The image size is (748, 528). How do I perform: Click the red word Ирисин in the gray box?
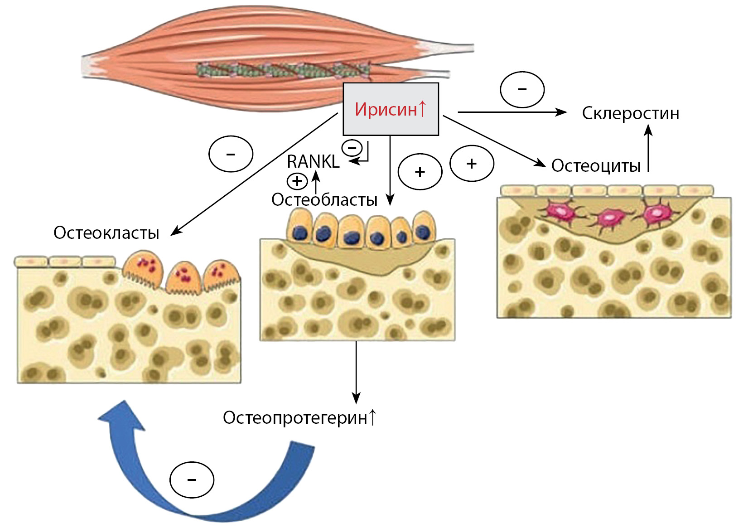point(386,110)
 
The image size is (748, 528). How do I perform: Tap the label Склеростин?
point(630,113)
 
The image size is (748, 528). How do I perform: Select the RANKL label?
point(313,161)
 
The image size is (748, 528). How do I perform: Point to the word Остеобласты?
point(324,199)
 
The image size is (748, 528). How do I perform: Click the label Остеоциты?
point(596,166)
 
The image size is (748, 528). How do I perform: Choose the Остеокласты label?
point(106,233)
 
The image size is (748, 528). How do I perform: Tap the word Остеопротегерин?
point(295,418)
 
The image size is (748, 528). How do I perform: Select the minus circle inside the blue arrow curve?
point(192,480)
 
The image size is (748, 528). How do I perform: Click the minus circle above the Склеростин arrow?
point(522,89)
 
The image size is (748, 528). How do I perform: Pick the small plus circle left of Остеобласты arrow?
point(297,181)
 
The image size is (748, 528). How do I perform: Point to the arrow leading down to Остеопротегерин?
point(356,372)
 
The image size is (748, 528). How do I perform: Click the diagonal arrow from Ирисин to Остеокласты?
point(254,175)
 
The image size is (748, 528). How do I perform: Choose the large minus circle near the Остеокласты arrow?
point(231,154)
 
